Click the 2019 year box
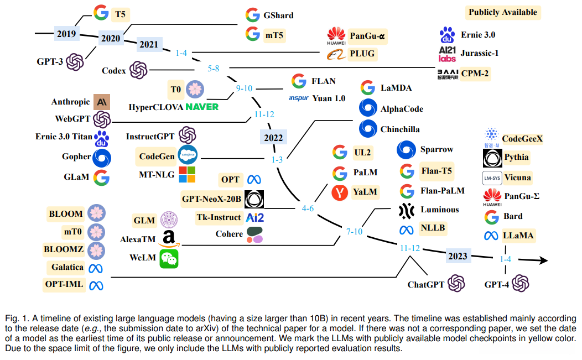(66, 34)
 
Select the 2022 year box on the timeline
(273, 138)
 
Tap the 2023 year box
(458, 256)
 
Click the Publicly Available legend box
(502, 12)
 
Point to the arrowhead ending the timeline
(543, 260)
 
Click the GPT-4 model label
(496, 285)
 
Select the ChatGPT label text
(426, 285)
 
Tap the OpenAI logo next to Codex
(138, 70)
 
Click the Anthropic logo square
(102, 102)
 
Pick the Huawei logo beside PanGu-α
(336, 36)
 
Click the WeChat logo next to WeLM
(169, 259)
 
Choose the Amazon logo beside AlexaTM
(169, 239)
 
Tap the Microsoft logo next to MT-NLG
(187, 174)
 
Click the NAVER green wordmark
(202, 107)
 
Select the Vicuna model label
(517, 178)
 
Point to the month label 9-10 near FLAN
(244, 88)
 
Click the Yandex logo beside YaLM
(340, 192)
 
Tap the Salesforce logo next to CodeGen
(188, 155)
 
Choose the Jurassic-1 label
(480, 53)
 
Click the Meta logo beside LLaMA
(491, 236)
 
